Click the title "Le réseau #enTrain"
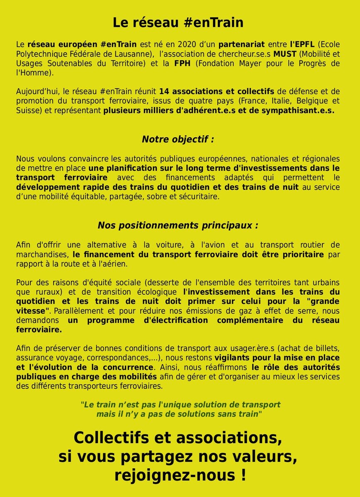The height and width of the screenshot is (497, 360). [x=178, y=23]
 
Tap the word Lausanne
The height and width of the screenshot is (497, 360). [x=125, y=54]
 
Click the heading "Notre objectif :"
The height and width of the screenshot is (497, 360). [x=178, y=139]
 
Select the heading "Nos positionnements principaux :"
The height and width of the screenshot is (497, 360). [x=178, y=225]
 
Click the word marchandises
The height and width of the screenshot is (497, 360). [x=42, y=254]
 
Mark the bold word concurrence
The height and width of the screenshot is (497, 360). [x=129, y=367]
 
